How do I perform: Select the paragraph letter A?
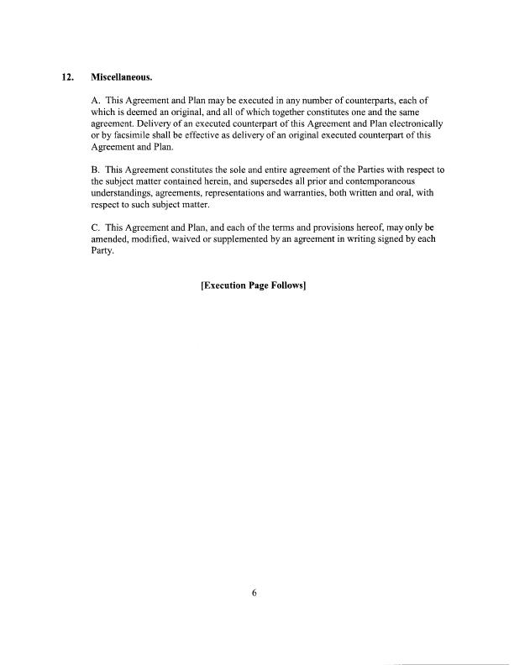tap(95, 101)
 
